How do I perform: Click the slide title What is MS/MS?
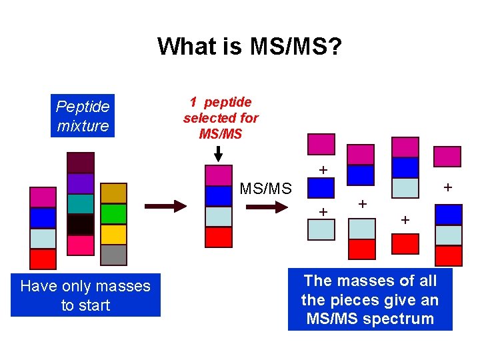coord(249,46)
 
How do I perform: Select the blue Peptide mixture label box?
coord(83,116)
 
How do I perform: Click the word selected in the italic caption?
coord(221,118)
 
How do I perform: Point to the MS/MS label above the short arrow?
coord(265,189)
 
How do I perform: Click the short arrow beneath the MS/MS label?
coord(265,207)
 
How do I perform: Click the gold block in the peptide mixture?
coord(113,193)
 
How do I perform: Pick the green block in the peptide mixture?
coord(113,213)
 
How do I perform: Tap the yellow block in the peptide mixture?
coord(113,234)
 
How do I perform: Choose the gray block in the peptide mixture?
coord(113,255)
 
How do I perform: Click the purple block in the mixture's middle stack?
coord(80,183)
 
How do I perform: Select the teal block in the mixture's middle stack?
coord(80,203)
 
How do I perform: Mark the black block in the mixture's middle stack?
coord(80,224)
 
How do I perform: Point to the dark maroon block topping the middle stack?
coord(80,163)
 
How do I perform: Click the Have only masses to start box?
coord(85,296)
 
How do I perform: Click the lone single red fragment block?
coord(405,244)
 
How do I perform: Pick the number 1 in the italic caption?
coord(193,102)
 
